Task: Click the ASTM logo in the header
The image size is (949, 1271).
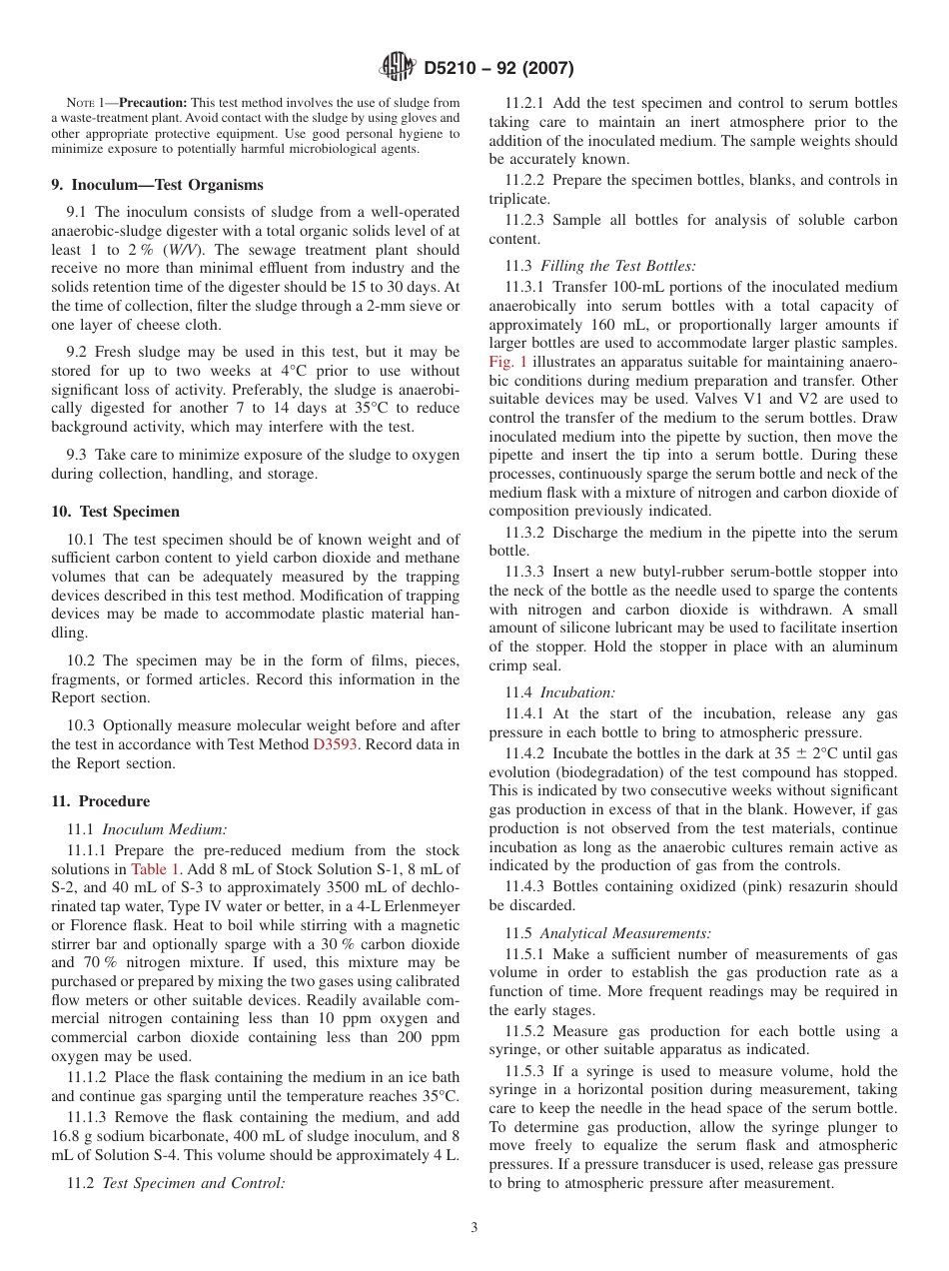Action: coord(398,68)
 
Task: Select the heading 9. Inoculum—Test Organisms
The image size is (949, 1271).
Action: coord(157,185)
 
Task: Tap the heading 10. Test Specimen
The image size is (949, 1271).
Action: coord(115,512)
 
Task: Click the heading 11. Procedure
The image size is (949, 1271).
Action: coord(100,801)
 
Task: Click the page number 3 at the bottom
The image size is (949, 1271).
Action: coord(474,1228)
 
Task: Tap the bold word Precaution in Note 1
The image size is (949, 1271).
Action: coord(153,103)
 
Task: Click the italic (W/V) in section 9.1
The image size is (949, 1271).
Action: coord(183,250)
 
